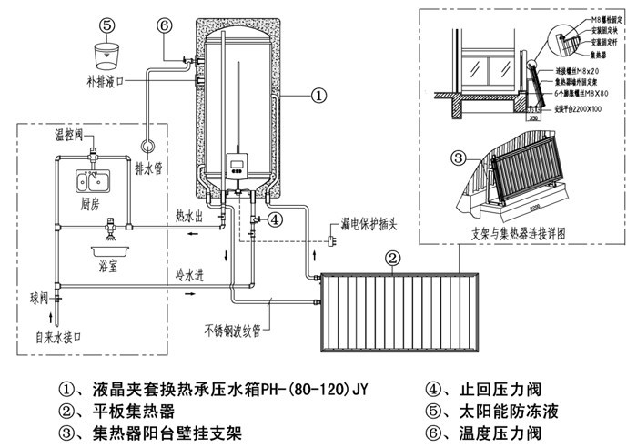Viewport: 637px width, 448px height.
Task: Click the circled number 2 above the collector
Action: (x=391, y=258)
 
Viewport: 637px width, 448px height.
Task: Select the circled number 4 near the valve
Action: (x=276, y=219)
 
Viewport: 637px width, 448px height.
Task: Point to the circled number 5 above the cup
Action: (x=107, y=26)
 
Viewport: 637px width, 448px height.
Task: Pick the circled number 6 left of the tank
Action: (x=165, y=26)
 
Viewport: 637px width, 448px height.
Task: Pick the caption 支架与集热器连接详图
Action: (x=518, y=232)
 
